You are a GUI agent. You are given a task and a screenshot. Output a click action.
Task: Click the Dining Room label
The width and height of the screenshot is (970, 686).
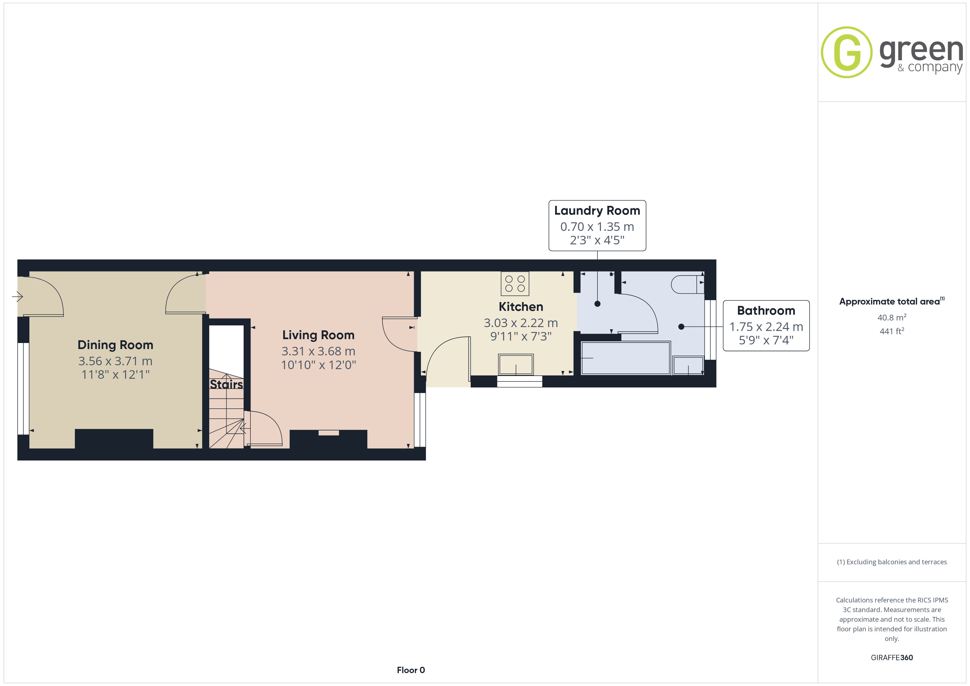tap(115, 345)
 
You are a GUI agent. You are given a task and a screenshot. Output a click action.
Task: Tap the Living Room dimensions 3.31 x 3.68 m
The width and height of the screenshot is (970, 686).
tap(319, 351)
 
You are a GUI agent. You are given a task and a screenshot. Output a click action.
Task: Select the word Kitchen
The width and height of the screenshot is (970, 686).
tap(521, 307)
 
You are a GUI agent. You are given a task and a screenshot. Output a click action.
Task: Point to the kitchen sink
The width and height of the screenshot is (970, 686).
tap(516, 364)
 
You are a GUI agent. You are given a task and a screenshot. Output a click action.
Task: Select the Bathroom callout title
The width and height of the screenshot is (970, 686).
tap(766, 311)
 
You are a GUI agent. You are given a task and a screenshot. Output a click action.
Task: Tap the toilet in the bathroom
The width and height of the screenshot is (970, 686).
tap(687, 284)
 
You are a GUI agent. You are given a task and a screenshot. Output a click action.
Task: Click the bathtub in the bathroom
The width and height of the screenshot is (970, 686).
tap(626, 358)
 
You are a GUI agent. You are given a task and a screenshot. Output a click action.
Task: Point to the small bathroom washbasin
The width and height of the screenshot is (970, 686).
tap(688, 365)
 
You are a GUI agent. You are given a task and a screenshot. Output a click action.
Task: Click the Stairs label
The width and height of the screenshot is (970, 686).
tap(227, 385)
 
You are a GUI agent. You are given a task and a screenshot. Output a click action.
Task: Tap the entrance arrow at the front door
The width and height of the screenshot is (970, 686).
tap(17, 297)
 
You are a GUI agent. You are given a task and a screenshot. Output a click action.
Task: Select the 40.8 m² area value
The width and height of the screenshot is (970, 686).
tap(892, 317)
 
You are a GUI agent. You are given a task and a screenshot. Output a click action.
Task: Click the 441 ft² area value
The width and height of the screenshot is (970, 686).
tap(892, 331)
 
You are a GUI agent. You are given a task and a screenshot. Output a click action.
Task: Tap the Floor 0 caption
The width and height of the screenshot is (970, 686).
tap(411, 670)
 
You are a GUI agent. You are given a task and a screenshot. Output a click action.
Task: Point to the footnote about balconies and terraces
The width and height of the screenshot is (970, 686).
tap(892, 562)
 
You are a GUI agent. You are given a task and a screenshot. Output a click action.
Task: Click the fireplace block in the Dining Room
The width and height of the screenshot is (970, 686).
tap(114, 439)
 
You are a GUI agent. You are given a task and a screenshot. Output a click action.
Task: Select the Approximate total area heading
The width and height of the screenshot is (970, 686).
tap(891, 301)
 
